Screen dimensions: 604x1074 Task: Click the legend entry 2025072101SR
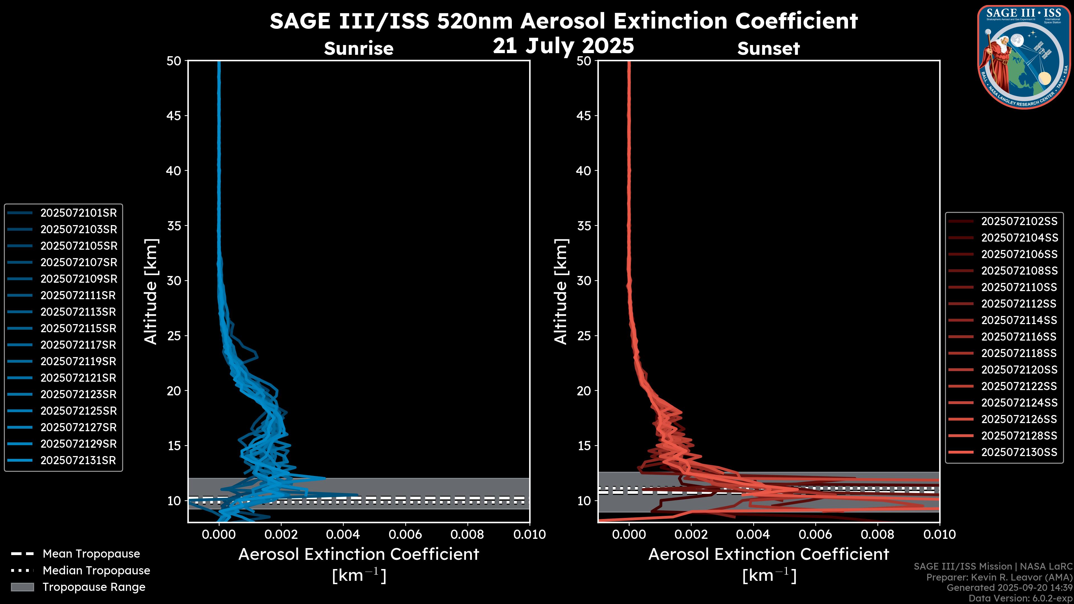pos(78,213)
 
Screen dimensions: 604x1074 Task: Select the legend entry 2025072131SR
pos(78,461)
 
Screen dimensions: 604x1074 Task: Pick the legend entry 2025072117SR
pos(78,345)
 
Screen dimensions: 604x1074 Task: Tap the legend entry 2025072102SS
pos(1019,221)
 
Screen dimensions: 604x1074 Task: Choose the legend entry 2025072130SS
pos(1019,452)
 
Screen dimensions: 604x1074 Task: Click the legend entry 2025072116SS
pos(1019,337)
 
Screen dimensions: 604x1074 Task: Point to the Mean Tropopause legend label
pos(91,554)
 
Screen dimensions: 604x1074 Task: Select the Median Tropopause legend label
pos(96,571)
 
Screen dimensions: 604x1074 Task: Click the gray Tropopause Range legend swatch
pos(22,587)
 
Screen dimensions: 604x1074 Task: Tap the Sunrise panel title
pos(359,49)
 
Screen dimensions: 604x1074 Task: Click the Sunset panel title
pos(768,49)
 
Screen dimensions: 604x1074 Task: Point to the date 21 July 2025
pos(563,46)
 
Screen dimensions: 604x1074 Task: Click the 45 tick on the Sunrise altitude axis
pos(174,116)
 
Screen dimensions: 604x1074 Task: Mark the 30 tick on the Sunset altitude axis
pos(584,281)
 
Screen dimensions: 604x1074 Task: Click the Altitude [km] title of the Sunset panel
pos(561,292)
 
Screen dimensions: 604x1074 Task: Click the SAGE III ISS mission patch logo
pos(1024,56)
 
